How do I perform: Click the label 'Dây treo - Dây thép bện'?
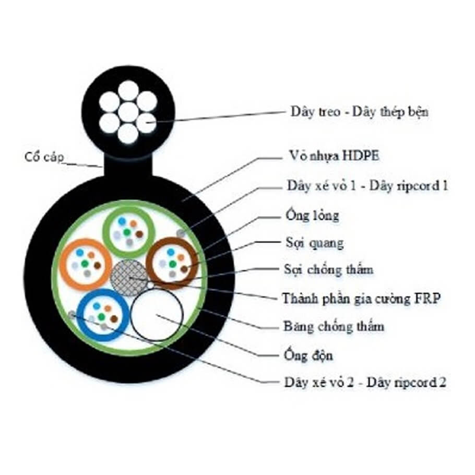tap(359, 112)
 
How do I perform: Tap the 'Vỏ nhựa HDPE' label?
tap(325, 156)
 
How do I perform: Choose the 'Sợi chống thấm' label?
tap(328, 270)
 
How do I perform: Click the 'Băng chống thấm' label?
tap(334, 327)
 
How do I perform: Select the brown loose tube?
tap(172, 263)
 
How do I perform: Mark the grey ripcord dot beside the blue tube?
tap(72, 314)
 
